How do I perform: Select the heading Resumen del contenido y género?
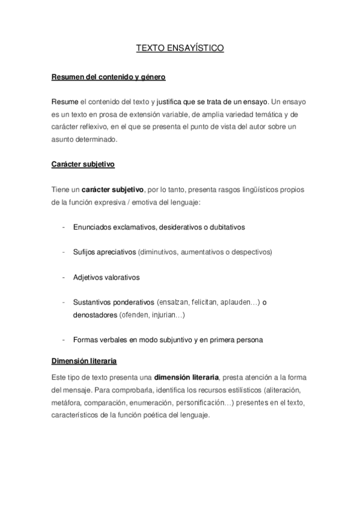[x=108, y=78]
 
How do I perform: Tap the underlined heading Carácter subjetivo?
[x=82, y=163]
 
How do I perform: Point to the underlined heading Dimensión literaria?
[x=84, y=361]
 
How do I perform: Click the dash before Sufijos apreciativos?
[x=64, y=253]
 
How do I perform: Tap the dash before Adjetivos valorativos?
[x=64, y=277]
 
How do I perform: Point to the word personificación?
[x=206, y=401]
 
